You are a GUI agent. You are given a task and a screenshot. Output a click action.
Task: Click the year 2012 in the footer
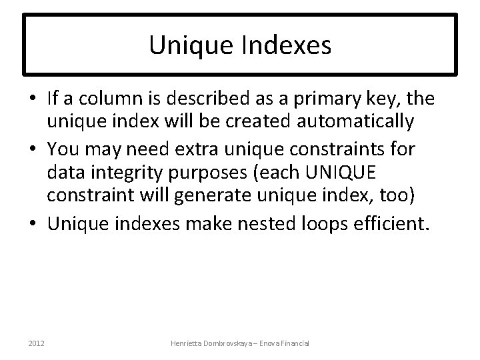tap(37, 343)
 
